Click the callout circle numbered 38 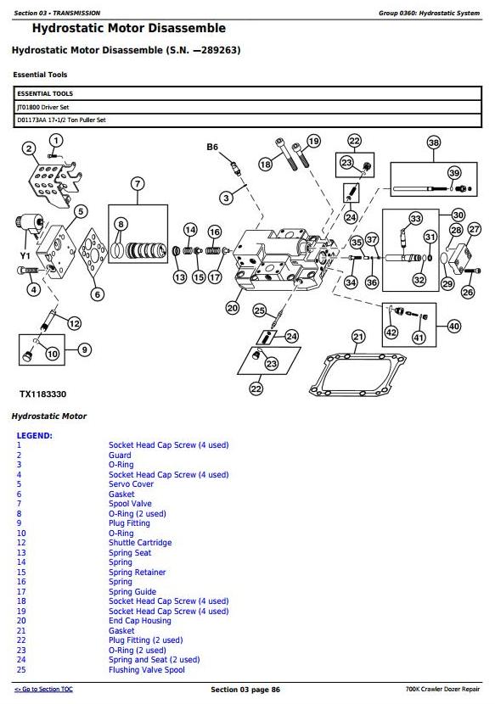click(433, 142)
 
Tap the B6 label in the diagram click(212, 147)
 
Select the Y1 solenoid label click(25, 255)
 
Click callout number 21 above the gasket click(358, 336)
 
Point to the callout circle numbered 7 click(138, 183)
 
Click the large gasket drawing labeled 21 click(357, 375)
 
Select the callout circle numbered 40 click(454, 326)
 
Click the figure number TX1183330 click(42, 394)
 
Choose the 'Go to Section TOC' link click(43, 690)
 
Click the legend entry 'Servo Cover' click(131, 484)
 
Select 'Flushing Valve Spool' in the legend click(147, 669)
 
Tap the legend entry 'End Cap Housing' click(140, 621)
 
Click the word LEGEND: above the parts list click(35, 435)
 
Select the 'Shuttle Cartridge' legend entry click(140, 542)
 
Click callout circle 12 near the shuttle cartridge click(74, 323)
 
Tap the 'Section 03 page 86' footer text click(245, 690)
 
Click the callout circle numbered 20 click(233, 308)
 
